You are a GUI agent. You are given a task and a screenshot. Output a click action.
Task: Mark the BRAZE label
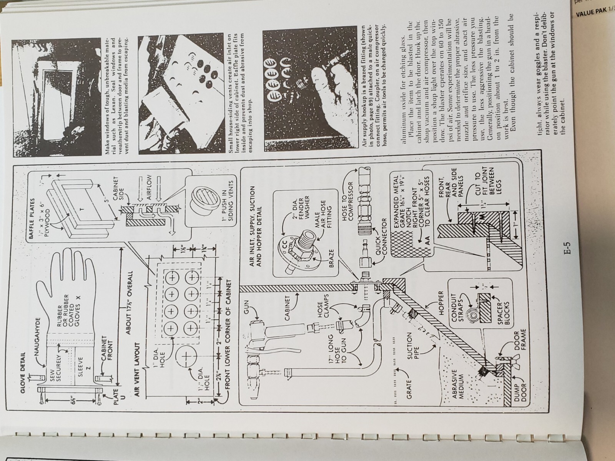pyautogui.click(x=331, y=255)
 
